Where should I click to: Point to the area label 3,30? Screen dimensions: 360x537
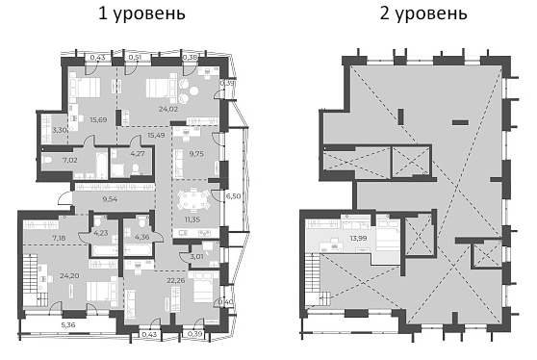coord(60,129)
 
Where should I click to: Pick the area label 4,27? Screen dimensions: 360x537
coord(137,152)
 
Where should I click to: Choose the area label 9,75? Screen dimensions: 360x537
coord(195,153)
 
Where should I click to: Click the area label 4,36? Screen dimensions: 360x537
coord(141,238)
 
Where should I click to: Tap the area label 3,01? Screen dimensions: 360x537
coord(197,257)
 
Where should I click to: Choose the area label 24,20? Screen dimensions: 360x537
coord(68,274)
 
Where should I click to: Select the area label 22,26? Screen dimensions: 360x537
coord(174,281)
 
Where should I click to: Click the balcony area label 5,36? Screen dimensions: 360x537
coord(70,324)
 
